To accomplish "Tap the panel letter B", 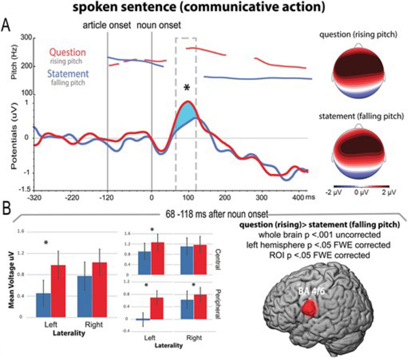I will point(6,208).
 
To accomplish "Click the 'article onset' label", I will point(107,25).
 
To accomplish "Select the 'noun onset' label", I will point(159,25).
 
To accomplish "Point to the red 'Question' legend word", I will point(67,52).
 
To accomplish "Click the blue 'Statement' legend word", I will point(68,74).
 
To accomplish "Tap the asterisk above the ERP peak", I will point(187,88).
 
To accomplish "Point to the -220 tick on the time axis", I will point(72,198).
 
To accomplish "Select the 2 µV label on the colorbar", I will point(389,192).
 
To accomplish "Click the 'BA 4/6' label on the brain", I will point(311,291).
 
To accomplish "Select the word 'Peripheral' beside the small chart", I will point(218,304).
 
